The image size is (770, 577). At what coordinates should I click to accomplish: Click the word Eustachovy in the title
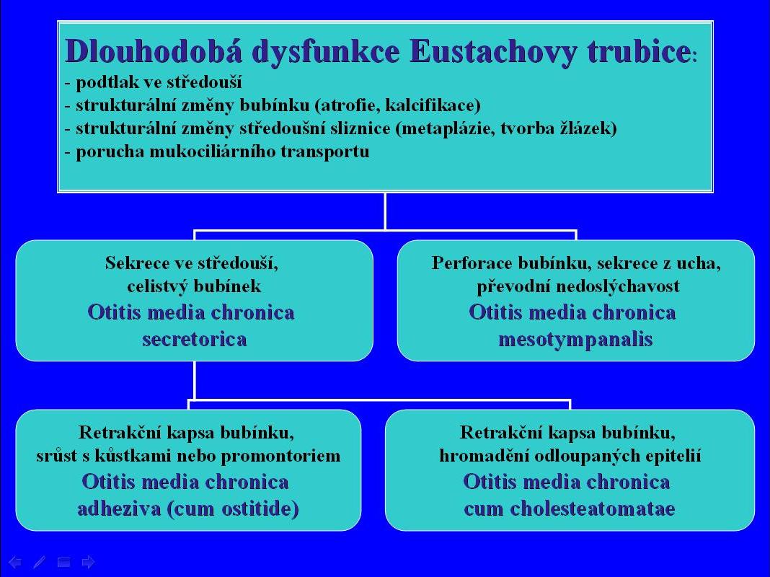click(x=492, y=51)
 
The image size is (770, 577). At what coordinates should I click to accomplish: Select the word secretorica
click(x=195, y=339)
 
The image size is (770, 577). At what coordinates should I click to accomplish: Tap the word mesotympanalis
click(x=575, y=340)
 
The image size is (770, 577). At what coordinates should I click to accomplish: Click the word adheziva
click(x=120, y=508)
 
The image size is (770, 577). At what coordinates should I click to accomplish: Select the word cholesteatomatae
click(x=592, y=508)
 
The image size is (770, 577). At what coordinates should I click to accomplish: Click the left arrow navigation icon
click(x=15, y=562)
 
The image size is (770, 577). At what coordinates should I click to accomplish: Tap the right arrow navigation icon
click(x=89, y=562)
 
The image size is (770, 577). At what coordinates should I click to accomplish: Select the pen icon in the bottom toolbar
click(x=39, y=562)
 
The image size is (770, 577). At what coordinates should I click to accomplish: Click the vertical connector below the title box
click(x=385, y=211)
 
